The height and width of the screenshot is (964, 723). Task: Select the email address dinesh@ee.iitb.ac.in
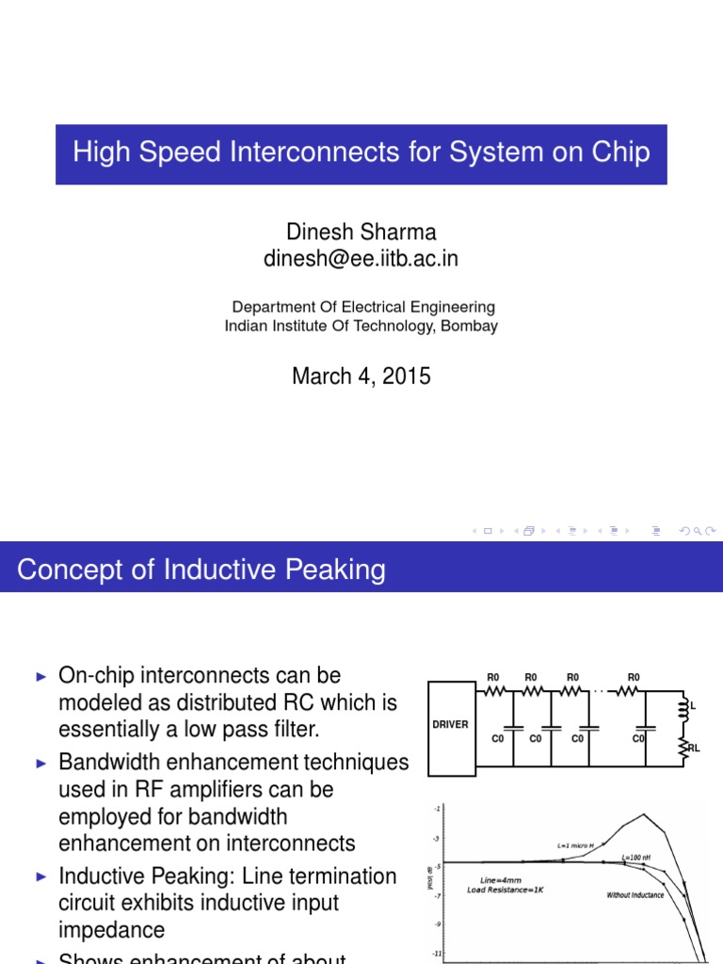(x=361, y=259)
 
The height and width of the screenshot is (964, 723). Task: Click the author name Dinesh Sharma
(x=361, y=232)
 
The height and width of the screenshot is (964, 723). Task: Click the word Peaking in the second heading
(x=333, y=570)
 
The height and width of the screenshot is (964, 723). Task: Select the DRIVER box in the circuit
(x=450, y=725)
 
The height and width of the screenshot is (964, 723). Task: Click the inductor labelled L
(x=684, y=712)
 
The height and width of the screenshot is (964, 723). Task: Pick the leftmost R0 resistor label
(x=492, y=677)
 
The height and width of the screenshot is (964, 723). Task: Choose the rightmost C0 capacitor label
(x=638, y=739)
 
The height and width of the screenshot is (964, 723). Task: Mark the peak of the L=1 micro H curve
(x=643, y=814)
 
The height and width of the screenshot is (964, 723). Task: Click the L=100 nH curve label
(x=639, y=858)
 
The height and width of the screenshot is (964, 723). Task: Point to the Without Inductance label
(x=635, y=894)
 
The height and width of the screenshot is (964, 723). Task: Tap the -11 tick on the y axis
(x=436, y=954)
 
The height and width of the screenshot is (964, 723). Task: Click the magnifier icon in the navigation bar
(x=697, y=531)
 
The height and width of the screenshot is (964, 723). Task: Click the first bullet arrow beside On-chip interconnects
(x=40, y=676)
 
